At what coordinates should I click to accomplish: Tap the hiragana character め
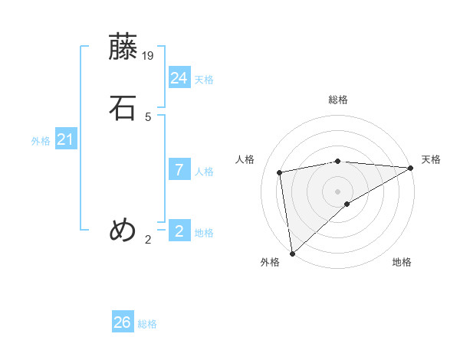123,230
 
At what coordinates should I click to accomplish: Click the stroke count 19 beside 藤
149,55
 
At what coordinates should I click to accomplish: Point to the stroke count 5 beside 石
148,116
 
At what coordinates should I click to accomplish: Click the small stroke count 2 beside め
148,240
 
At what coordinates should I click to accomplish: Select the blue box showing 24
179,78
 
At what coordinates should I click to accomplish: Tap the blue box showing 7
179,170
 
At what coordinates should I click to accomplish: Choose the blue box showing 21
65,139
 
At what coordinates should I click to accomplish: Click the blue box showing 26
123,322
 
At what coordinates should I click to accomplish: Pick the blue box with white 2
179,231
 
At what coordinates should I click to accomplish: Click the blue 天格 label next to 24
204,80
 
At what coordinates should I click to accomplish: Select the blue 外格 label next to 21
41,141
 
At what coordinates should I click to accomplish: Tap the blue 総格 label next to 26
147,324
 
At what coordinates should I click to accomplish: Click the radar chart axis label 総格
338,100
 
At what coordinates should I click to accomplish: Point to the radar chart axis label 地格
402,262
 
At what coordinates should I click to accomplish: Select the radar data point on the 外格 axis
291,254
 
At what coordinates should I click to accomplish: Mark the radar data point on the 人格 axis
281,172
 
